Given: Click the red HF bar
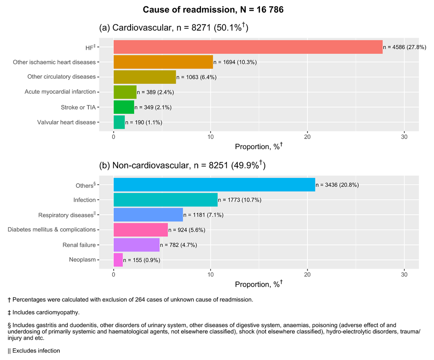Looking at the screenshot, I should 248,47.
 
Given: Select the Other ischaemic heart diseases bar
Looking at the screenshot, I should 163,62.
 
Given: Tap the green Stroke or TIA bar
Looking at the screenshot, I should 124,107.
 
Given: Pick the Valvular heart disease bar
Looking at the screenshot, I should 119,122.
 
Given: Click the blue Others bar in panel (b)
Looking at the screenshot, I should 214,185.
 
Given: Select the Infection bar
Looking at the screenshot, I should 165,200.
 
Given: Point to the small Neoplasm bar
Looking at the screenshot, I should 118,260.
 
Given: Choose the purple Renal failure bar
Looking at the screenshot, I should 136,245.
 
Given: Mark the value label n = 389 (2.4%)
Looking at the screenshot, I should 156,92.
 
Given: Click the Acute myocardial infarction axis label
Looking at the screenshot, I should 60,92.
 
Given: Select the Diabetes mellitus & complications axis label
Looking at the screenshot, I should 51,229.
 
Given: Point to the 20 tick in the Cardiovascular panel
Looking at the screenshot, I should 307,137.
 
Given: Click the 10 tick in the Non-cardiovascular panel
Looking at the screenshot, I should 210,274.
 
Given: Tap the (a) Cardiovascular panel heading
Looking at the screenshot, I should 174,28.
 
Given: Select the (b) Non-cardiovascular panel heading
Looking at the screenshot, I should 182,165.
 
